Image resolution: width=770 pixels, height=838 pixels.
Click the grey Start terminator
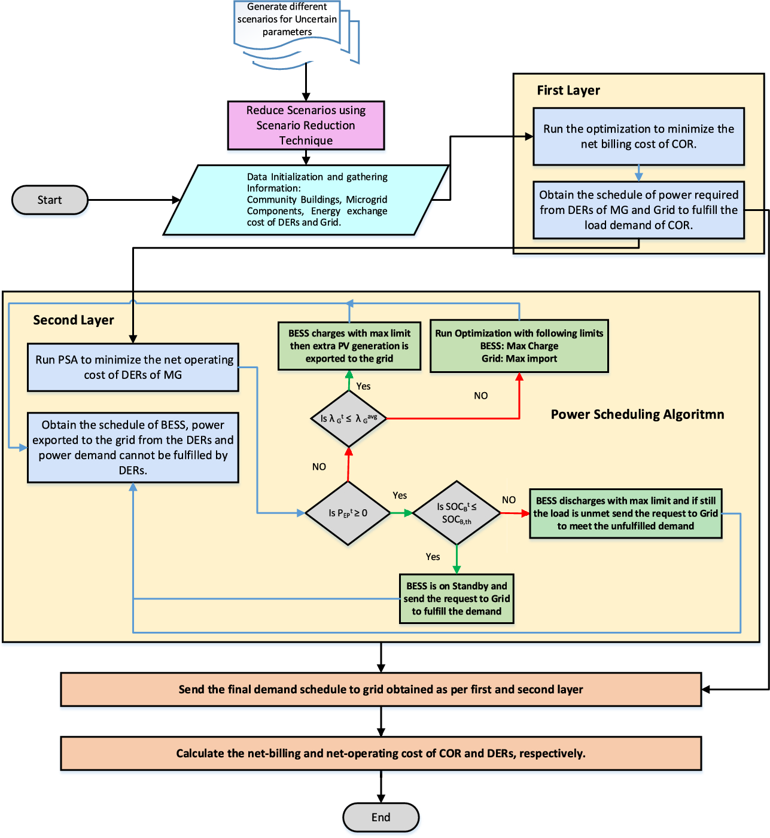tap(50, 200)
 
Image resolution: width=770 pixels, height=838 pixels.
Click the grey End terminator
tap(381, 817)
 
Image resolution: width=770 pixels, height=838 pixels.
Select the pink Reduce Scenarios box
tap(306, 126)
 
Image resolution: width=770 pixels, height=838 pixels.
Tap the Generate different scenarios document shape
tap(288, 24)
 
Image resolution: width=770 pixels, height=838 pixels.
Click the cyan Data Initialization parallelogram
tap(306, 200)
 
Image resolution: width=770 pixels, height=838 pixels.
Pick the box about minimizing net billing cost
tap(638, 136)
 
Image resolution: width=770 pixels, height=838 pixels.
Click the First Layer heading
tap(568, 90)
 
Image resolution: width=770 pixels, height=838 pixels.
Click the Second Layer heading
tap(73, 320)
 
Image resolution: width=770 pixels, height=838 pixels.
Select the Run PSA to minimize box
tap(133, 367)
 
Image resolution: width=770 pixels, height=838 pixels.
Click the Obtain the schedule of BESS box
tap(133, 447)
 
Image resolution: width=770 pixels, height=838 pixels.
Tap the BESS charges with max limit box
tap(349, 346)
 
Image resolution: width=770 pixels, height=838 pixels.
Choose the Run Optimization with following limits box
tap(519, 346)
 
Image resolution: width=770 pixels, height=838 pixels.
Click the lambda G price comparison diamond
tap(348, 418)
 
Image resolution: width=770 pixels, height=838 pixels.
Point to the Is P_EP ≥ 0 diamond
tap(348, 513)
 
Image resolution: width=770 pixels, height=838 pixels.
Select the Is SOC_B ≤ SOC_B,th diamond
tap(456, 513)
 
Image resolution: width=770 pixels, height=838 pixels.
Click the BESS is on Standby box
tap(456, 598)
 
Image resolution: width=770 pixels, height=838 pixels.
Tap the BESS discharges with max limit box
tap(625, 513)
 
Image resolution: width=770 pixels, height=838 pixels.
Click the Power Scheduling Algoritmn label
tap(637, 414)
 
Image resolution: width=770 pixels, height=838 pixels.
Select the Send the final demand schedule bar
tap(381, 689)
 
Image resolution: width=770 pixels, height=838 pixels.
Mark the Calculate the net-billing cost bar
tap(381, 753)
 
